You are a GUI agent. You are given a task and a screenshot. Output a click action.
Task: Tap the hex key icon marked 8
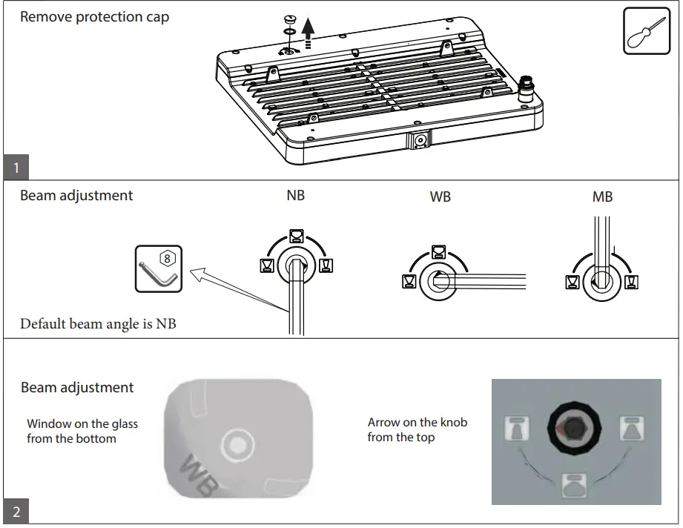[x=159, y=269]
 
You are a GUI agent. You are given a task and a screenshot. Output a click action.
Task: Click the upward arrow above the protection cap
[x=309, y=33]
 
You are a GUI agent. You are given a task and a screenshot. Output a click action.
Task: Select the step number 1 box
[x=16, y=168]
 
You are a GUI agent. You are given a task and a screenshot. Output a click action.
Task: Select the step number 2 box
[x=16, y=512]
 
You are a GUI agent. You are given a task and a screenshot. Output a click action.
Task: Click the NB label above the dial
[x=295, y=197]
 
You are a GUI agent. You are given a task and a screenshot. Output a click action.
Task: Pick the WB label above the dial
[x=440, y=198]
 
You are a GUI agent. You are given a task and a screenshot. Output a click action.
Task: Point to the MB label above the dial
[x=602, y=197]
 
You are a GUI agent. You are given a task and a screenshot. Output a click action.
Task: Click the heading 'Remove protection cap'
[x=94, y=16]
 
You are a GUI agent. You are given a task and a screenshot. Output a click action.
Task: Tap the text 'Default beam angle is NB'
[x=98, y=324]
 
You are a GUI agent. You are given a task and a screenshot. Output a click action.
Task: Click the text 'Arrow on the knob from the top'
[x=417, y=429]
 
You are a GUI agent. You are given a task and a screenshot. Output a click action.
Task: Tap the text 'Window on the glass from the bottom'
[x=82, y=431]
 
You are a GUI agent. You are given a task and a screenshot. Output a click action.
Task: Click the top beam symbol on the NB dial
[x=295, y=236]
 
